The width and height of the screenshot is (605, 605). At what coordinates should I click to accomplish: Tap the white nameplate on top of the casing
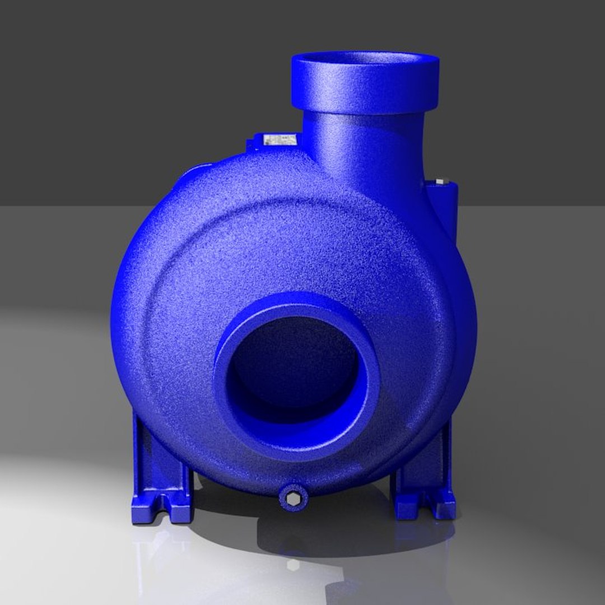[x=280, y=139]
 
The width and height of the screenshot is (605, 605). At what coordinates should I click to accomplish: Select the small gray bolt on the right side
[x=439, y=182]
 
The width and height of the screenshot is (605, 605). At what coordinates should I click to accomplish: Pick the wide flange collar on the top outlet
[x=365, y=90]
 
